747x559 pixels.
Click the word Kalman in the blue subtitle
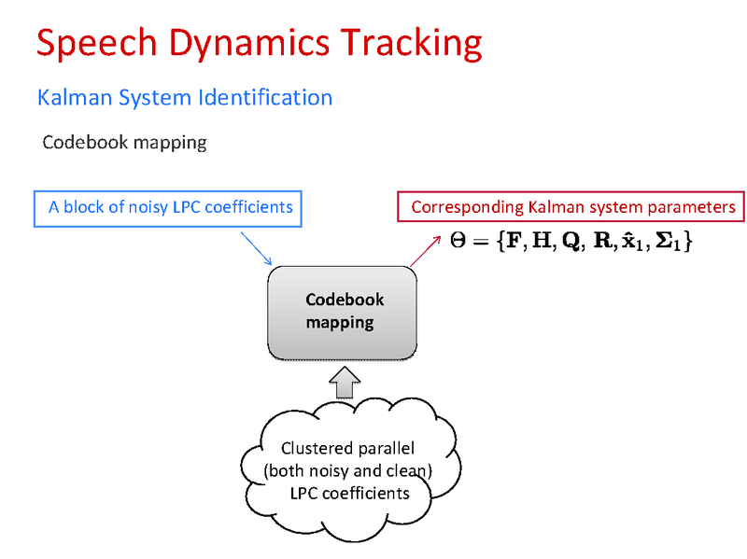pos(73,97)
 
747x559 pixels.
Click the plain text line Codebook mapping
pos(124,143)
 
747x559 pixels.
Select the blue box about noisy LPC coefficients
pos(170,207)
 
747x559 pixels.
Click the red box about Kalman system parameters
pos(572,207)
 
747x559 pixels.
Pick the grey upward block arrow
pos(345,380)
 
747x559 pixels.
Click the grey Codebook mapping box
pos(342,313)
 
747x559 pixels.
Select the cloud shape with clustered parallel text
pos(345,471)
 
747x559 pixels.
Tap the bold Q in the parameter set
pos(569,243)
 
